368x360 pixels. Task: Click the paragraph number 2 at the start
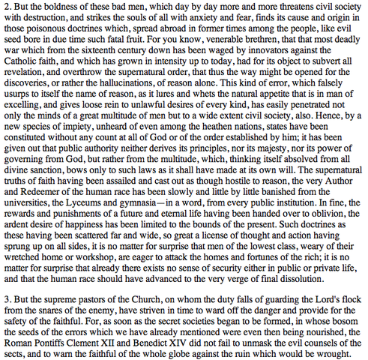pos(5,7)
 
